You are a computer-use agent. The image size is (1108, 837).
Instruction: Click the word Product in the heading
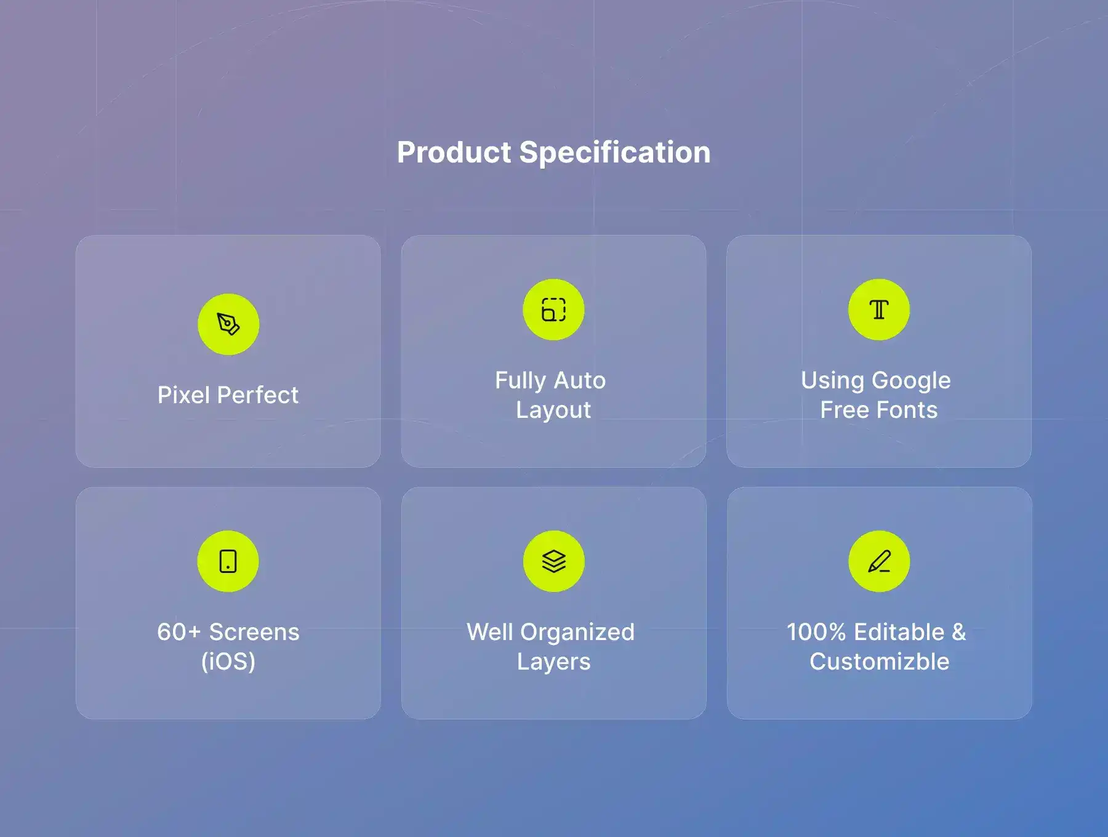(454, 152)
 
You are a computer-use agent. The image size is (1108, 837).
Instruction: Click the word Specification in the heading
(615, 153)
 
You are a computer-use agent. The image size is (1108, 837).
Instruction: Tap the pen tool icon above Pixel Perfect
(228, 324)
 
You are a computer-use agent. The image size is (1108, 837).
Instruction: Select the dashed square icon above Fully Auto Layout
(553, 310)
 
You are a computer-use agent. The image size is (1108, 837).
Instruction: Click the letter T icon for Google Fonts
(879, 310)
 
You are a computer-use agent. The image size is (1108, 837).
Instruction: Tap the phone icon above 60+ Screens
(228, 561)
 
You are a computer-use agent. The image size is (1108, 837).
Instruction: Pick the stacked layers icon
(554, 561)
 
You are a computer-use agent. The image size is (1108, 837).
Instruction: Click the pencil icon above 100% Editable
(879, 561)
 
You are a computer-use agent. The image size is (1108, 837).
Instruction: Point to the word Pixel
(184, 395)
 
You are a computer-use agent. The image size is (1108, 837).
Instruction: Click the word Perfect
(258, 395)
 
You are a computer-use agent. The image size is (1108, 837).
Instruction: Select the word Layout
(553, 410)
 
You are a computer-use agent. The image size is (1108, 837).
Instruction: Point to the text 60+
(179, 632)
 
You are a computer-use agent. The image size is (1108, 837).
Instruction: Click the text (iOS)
(228, 662)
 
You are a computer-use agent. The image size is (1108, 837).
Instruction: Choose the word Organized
(577, 633)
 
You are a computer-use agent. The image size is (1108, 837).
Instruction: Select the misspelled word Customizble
(879, 662)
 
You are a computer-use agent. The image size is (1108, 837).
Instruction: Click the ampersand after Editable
(959, 632)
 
